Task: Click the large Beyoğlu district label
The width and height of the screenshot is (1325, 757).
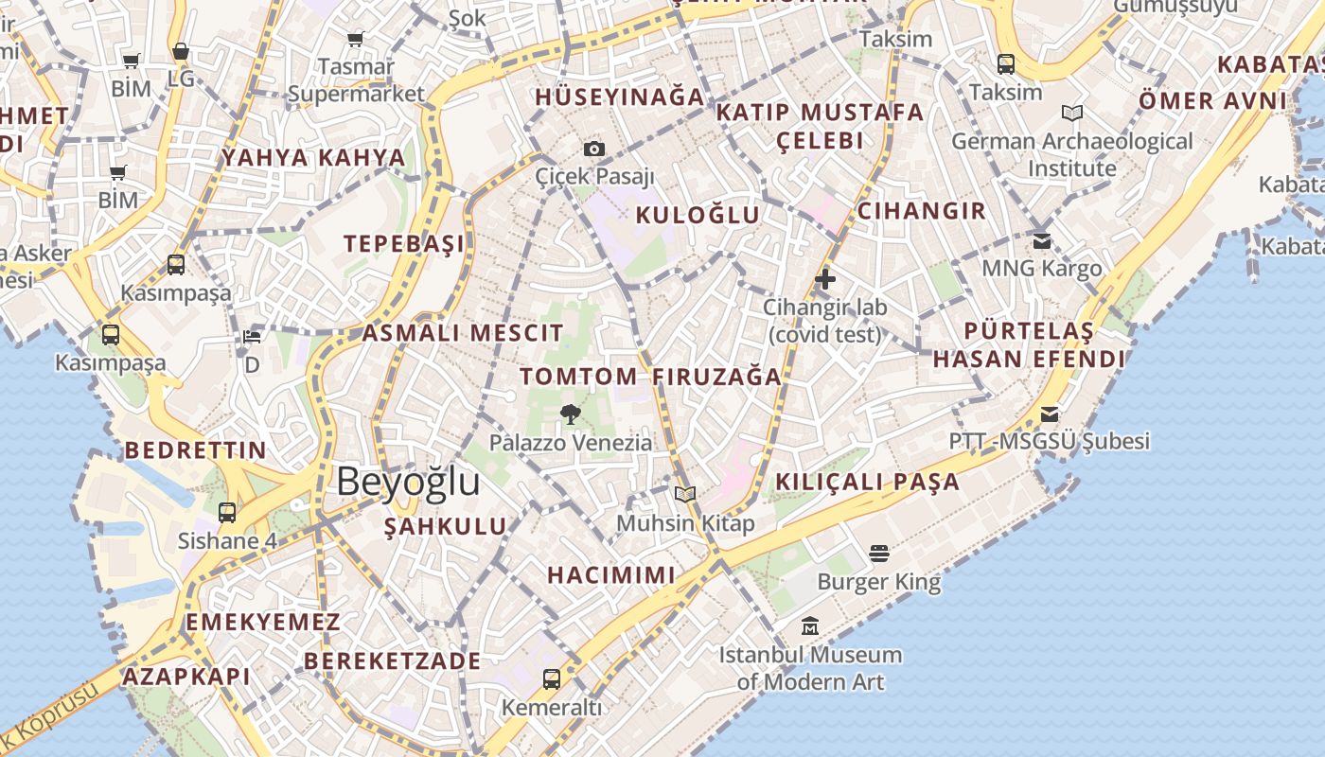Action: [x=408, y=483]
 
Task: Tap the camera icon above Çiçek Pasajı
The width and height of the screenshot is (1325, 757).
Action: [x=594, y=149]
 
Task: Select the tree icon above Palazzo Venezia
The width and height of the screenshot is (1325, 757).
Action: [x=571, y=414]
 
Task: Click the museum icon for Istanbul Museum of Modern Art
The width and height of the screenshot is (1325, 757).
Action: [x=810, y=626]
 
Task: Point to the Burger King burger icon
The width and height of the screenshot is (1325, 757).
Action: [x=879, y=554]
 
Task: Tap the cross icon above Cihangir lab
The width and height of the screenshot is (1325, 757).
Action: [x=825, y=279]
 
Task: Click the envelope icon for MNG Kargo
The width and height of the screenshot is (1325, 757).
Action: [x=1042, y=241]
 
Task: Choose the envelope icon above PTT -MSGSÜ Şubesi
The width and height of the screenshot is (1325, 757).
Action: [x=1050, y=414]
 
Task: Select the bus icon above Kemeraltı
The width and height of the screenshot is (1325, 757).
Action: [x=551, y=679]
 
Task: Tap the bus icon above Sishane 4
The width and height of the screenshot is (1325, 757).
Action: [x=227, y=513]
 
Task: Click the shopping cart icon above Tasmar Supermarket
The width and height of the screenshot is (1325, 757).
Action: [x=356, y=40]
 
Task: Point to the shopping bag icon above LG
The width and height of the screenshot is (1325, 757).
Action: [x=181, y=51]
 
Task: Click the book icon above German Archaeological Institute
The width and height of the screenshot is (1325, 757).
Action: [x=1072, y=114]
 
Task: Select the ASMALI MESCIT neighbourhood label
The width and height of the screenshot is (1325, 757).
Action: [x=463, y=333]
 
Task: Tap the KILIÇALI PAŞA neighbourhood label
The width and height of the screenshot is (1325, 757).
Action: [x=868, y=482]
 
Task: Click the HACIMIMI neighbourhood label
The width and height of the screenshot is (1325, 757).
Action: [x=611, y=574]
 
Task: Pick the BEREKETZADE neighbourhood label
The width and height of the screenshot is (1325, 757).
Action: [x=393, y=660]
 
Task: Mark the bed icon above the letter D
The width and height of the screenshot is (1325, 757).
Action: [x=252, y=337]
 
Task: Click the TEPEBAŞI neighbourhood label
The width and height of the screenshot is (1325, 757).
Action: [x=404, y=243]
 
